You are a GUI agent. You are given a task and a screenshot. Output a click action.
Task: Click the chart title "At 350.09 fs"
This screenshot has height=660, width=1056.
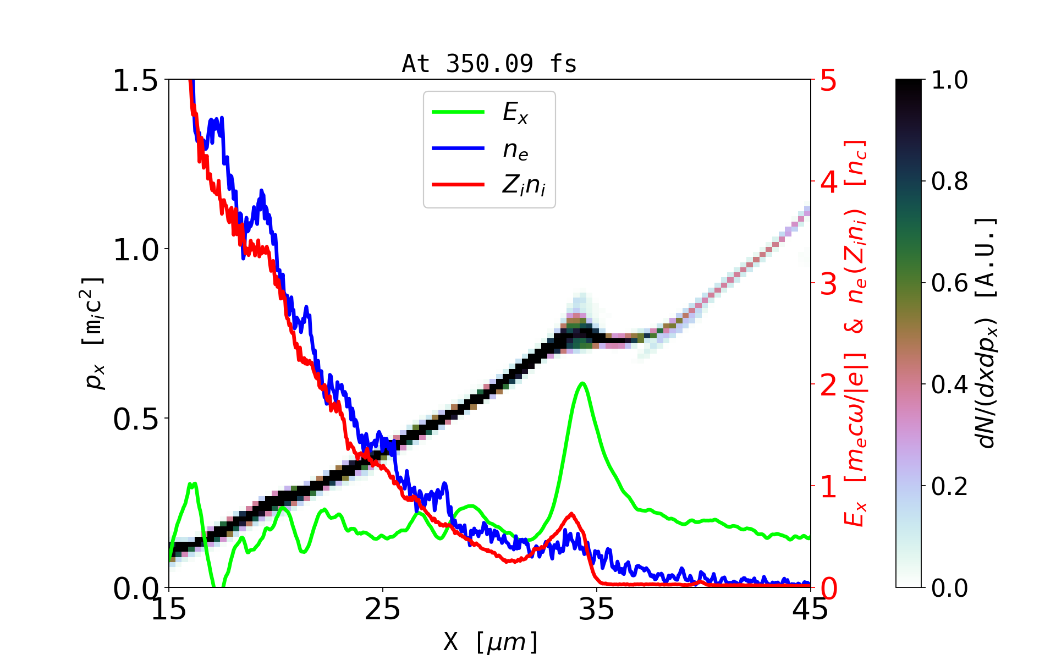(x=489, y=64)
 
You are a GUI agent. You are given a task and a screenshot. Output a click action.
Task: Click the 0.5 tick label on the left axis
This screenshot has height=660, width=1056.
(x=135, y=420)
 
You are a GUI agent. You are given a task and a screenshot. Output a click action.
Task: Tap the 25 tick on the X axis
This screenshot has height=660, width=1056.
(x=382, y=610)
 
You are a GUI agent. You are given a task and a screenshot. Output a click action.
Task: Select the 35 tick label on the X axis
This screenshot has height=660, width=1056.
(x=596, y=610)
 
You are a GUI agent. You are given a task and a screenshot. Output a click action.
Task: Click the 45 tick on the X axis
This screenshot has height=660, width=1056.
(x=810, y=610)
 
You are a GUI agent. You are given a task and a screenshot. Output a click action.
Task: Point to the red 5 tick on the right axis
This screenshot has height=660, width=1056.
(x=828, y=81)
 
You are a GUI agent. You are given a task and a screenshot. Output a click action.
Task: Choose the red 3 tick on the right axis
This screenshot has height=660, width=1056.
(x=828, y=284)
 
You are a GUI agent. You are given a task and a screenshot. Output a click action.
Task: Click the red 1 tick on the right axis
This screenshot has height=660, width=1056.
(x=828, y=487)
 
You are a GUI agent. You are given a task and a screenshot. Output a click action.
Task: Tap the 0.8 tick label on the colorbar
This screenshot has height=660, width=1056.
(x=949, y=182)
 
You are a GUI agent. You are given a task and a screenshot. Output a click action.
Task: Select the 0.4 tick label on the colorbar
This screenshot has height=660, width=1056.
(x=949, y=385)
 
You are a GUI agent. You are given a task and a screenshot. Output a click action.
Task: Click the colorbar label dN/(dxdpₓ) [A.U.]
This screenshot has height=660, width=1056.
(x=987, y=333)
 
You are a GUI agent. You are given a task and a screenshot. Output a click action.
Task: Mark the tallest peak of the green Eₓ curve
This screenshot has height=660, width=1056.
(x=582, y=383)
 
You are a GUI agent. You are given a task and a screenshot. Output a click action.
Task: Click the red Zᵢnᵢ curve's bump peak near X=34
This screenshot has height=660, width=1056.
(x=572, y=514)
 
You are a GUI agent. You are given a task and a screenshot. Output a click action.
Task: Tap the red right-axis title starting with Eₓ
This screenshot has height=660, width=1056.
(x=856, y=333)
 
